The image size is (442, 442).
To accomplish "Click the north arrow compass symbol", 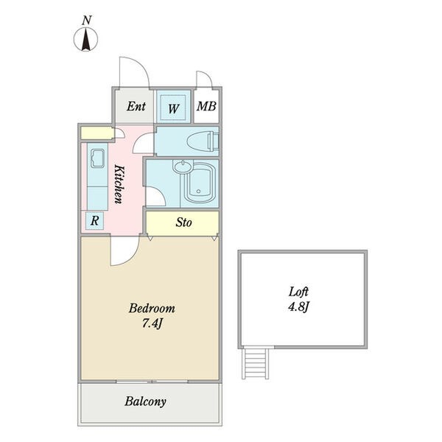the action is tap(86, 39).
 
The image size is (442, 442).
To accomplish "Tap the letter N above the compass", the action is tap(87, 21).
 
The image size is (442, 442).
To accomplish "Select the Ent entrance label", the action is tap(136, 106).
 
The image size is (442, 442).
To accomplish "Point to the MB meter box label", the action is tap(206, 106).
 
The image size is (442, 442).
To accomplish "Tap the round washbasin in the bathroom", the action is tap(183, 166).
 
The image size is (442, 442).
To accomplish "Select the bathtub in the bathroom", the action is tap(200, 182).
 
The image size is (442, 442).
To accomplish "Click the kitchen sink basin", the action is tap(97, 158).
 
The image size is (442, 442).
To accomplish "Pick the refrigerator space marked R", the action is tap(95, 220).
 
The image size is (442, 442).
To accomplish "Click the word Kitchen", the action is tap(119, 184).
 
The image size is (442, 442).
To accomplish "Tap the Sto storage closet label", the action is tap(183, 222).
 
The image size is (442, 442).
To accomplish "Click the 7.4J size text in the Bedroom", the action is tap(152, 324).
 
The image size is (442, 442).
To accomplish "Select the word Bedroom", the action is tap(152, 309).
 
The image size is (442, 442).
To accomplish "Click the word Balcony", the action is tap(145, 401).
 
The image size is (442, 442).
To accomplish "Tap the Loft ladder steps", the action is tap(255, 363).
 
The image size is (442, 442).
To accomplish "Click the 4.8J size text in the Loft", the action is tap(298, 306).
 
